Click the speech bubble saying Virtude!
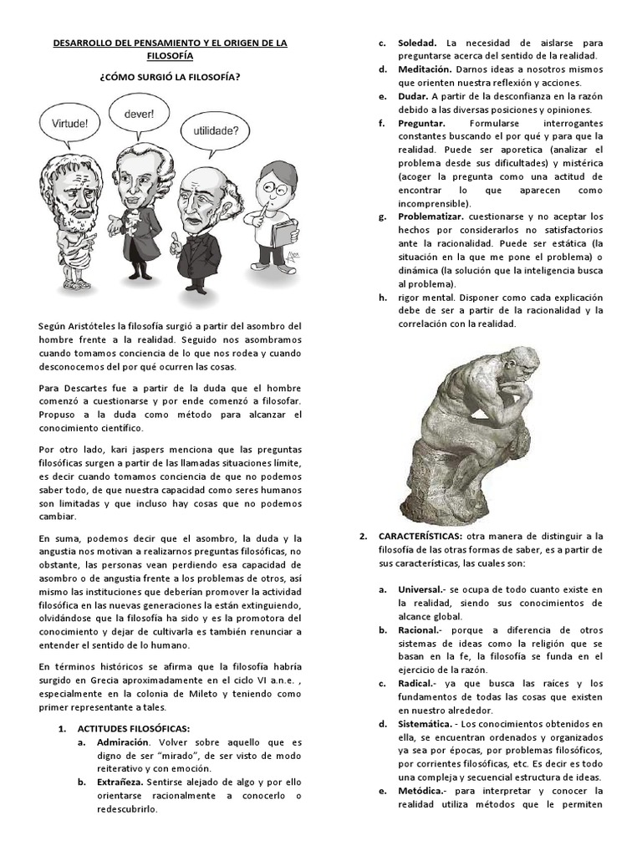point(70,122)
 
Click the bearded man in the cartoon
point(75,217)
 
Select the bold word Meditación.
point(425,69)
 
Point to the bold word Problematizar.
point(431,216)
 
